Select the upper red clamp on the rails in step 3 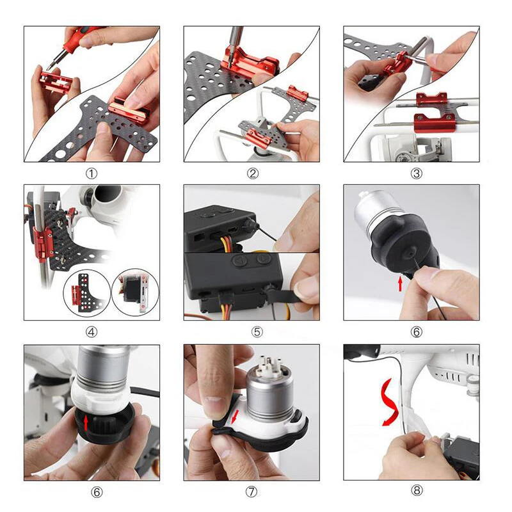click(x=431, y=99)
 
